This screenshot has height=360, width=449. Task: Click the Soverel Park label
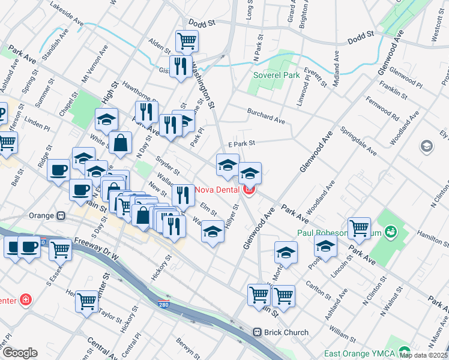coord(276,76)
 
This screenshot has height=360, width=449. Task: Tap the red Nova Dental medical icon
coord(249,190)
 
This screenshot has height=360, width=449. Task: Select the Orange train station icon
coord(61,215)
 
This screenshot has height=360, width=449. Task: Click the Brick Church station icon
coord(257,332)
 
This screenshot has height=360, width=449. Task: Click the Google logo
coord(20,353)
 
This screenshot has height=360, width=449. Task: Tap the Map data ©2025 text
coord(423,355)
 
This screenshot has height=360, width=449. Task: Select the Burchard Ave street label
coord(266,115)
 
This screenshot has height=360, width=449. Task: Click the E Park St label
coord(242,143)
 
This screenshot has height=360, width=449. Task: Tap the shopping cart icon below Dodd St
coord(187,41)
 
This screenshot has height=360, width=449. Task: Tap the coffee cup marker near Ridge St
coord(58,169)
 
